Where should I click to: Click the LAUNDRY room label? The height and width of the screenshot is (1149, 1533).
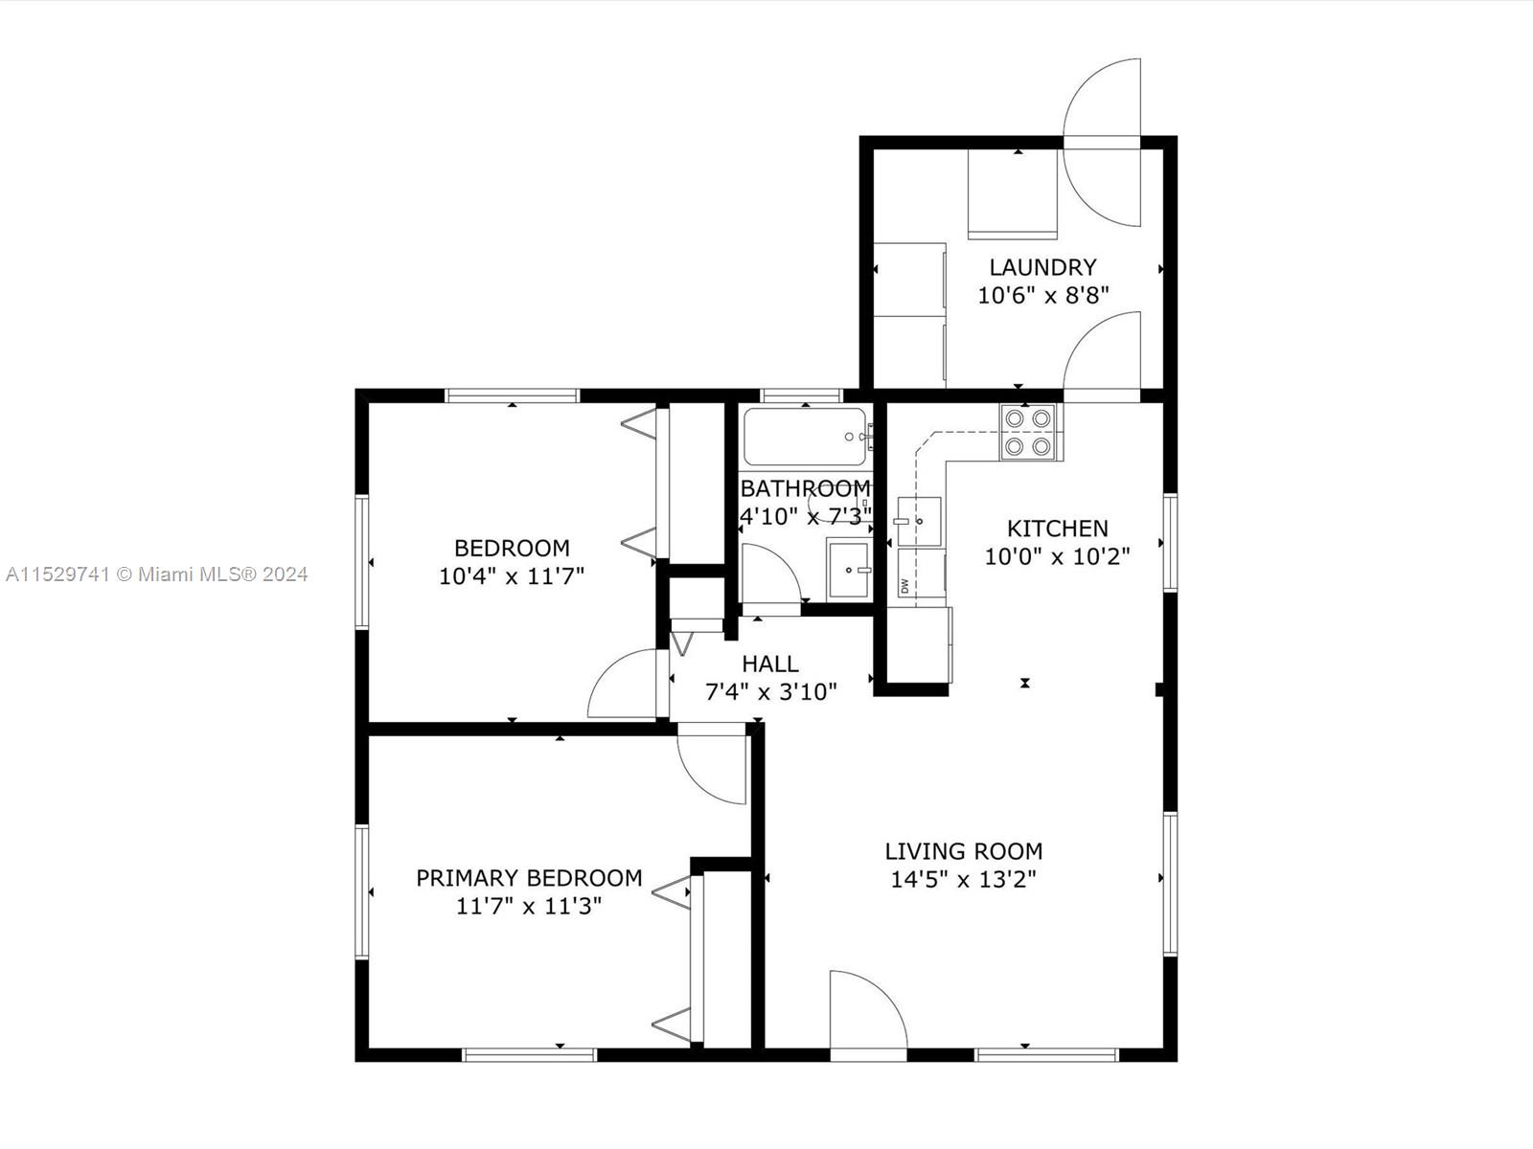(x=1042, y=267)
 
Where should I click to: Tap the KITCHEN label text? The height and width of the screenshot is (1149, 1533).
(x=1058, y=529)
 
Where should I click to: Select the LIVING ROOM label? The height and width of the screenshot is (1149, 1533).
(x=964, y=851)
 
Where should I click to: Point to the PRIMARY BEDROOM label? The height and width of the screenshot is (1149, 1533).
(x=530, y=878)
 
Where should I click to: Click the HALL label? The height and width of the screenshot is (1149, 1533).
(x=770, y=664)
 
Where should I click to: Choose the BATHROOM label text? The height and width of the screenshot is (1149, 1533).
(x=806, y=487)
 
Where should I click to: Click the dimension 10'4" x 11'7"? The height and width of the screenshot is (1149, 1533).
(x=512, y=576)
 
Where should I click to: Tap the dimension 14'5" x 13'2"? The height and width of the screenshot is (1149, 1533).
(x=964, y=879)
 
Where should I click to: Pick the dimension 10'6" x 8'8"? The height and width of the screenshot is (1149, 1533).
(x=1043, y=296)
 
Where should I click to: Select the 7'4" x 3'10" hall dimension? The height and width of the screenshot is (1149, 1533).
(x=771, y=692)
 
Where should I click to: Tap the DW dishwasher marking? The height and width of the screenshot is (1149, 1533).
(x=905, y=586)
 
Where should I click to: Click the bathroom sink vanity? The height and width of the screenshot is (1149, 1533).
(x=849, y=569)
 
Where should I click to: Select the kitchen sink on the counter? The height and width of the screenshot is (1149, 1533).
(x=919, y=521)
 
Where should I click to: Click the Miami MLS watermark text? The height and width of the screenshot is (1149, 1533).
(x=156, y=574)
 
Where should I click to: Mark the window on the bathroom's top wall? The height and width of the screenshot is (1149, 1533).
(x=802, y=395)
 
